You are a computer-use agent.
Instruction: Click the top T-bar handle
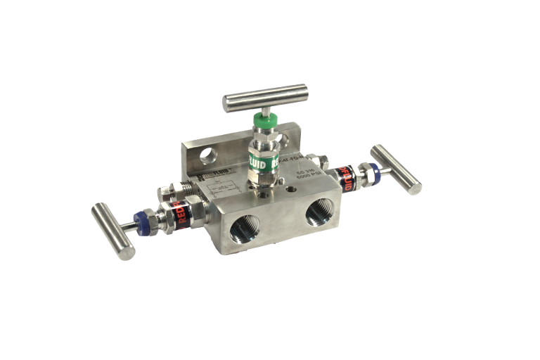[265, 98]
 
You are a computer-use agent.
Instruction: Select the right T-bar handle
[397, 169]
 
